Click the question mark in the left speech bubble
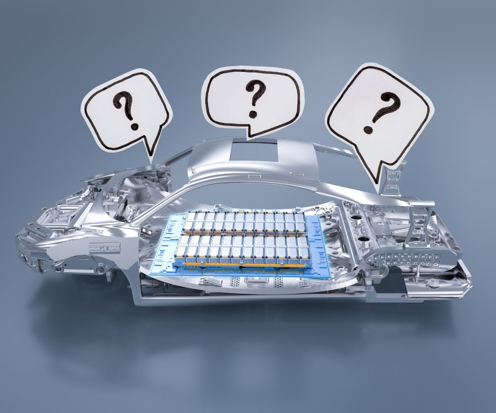[x=126, y=111]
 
